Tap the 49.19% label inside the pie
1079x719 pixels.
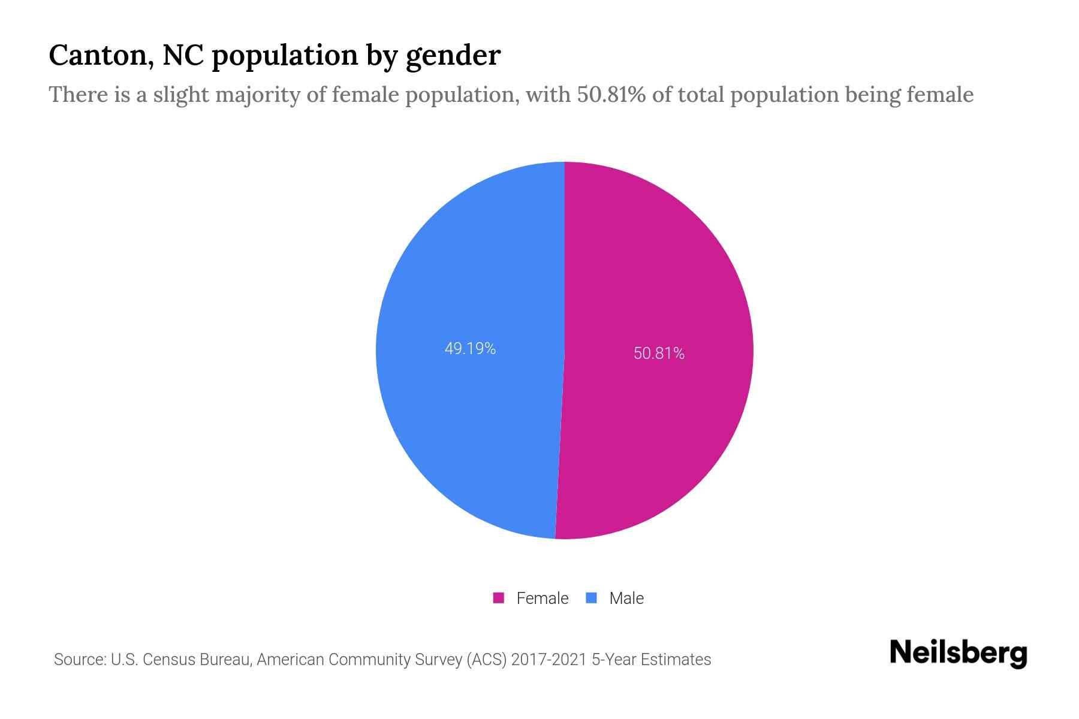[x=470, y=349]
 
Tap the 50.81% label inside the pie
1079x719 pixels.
[x=659, y=354]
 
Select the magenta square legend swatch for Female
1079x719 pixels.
[x=498, y=598]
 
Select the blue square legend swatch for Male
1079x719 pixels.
[x=591, y=598]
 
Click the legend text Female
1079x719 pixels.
[x=542, y=598]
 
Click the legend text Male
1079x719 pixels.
[x=626, y=598]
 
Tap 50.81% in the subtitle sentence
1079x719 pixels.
[x=611, y=95]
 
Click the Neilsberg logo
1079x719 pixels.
[x=958, y=653]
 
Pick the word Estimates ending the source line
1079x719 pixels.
[x=676, y=660]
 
